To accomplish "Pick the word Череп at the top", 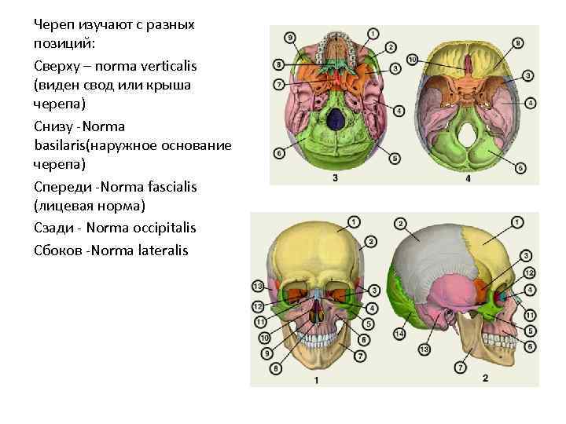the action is click(53, 24).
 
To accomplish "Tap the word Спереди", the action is click(61, 187).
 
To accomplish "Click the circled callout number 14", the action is click(399, 334).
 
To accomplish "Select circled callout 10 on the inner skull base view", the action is click(413, 60).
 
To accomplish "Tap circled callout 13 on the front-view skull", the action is click(257, 285).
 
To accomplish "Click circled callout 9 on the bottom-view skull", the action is click(290, 37).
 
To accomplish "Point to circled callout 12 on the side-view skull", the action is click(529, 272).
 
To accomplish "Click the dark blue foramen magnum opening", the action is click(336, 119).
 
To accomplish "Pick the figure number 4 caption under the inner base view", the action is click(469, 179).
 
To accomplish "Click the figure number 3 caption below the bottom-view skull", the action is click(336, 179).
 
